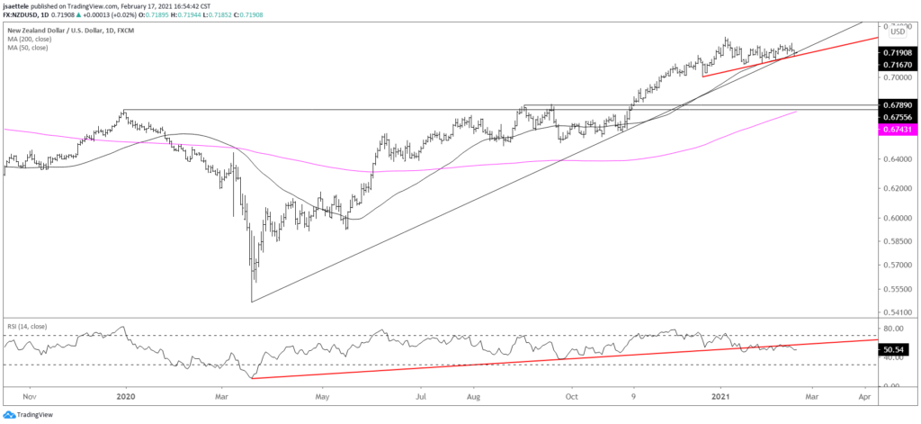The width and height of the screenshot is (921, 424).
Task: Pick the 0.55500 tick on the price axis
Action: pos(896,289)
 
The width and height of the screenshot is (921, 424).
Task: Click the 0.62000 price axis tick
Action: pos(896,188)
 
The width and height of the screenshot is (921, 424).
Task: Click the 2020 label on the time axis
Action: pos(126,394)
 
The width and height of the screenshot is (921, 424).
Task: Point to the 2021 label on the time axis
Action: pos(720,394)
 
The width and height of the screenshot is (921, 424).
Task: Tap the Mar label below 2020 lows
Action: pos(221,394)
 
